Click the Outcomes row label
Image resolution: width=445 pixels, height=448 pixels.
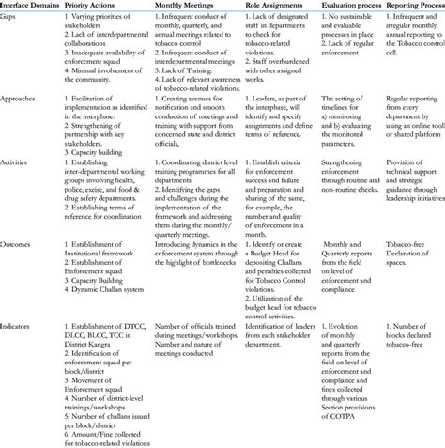click(20, 239)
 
